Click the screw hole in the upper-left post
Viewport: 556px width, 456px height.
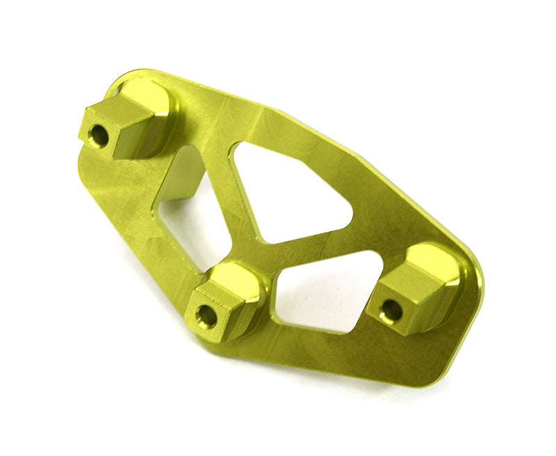pos(99,136)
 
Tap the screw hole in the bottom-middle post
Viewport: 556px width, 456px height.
pos(206,315)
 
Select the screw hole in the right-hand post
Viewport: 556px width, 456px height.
pos(392,310)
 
